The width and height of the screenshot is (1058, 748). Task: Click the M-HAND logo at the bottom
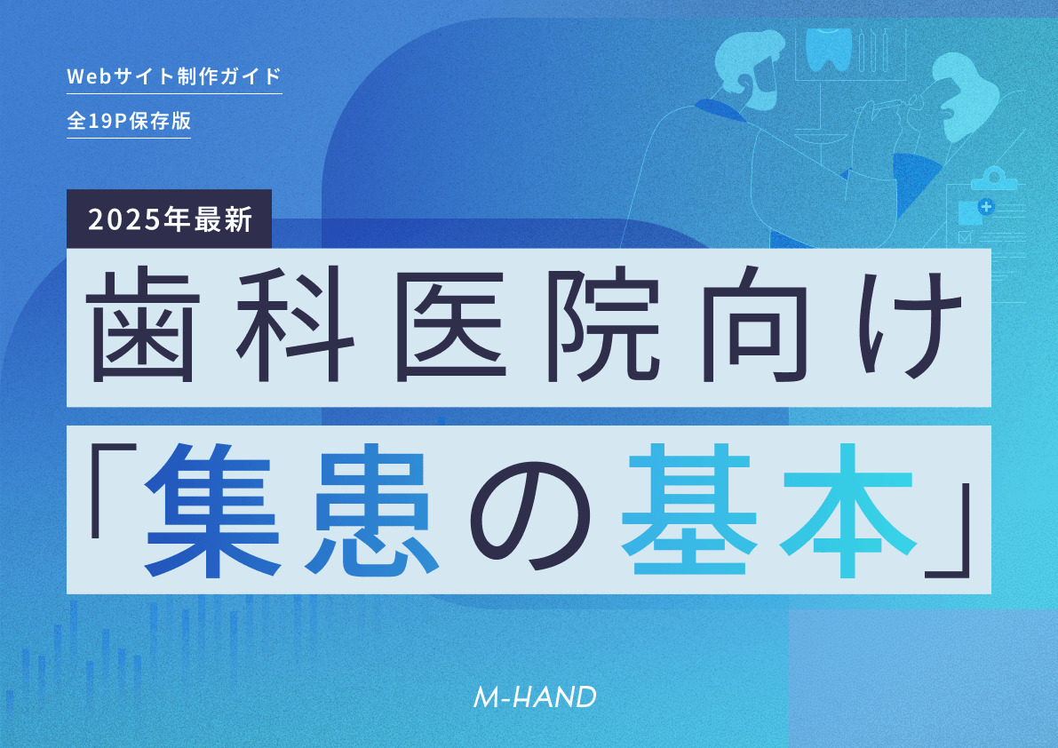(535, 697)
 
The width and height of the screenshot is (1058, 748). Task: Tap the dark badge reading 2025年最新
(169, 219)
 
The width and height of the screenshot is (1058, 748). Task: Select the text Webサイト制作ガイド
(174, 76)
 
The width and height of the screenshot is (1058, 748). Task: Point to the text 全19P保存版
(129, 121)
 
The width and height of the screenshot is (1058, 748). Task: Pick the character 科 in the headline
(296, 326)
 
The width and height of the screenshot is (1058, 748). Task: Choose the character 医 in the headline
(449, 326)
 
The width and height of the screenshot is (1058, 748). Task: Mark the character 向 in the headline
(756, 326)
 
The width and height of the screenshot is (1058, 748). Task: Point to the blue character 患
(368, 511)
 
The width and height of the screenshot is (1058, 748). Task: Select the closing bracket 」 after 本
(947, 531)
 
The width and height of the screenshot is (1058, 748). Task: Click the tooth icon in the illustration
(829, 49)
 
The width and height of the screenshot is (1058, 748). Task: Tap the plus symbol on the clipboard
(986, 206)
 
